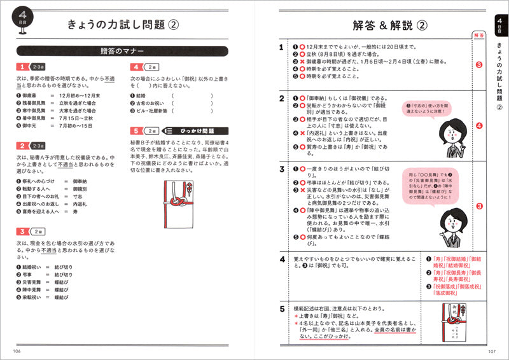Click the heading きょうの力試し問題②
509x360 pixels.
(x=122, y=25)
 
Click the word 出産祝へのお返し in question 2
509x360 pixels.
(x=38, y=205)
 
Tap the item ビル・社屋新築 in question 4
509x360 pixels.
(x=151, y=110)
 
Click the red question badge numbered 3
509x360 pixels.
(x=22, y=231)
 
